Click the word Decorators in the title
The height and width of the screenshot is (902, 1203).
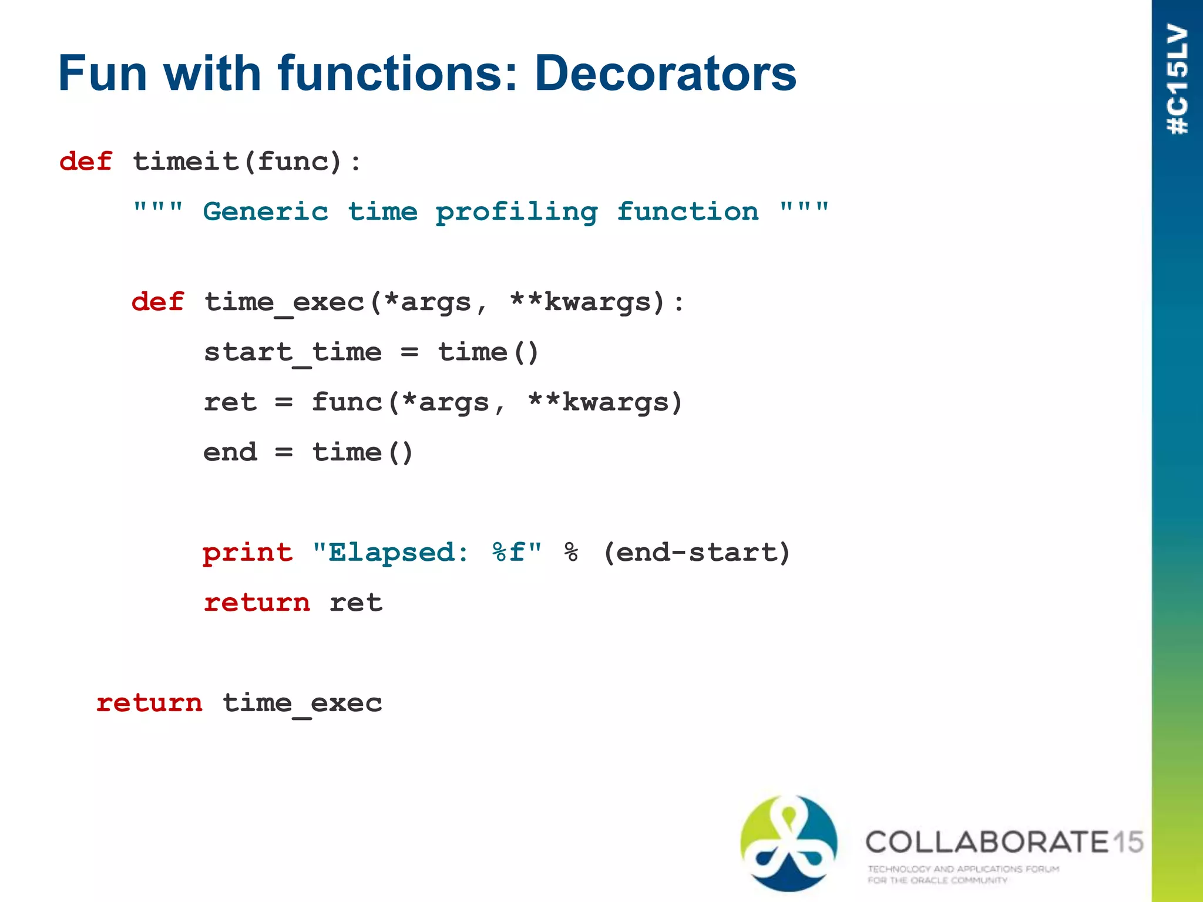tap(665, 73)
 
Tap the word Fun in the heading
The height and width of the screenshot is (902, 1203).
tap(102, 73)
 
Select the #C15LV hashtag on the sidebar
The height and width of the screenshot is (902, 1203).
tap(1178, 79)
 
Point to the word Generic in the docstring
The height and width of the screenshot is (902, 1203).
tap(266, 211)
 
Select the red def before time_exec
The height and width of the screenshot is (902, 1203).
tap(157, 302)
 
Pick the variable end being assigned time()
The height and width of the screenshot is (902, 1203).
tap(230, 453)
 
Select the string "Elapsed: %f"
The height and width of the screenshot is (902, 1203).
tap(427, 553)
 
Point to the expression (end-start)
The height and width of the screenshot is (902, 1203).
tap(697, 553)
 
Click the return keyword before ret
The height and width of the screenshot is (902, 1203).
tap(257, 603)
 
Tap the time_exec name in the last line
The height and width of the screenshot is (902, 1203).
tap(302, 704)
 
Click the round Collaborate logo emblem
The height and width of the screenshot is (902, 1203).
tap(789, 843)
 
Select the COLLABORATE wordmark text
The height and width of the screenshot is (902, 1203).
tap(987, 842)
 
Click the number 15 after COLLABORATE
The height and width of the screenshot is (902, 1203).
tap(1128, 842)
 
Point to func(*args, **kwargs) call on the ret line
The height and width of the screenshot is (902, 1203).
tap(496, 403)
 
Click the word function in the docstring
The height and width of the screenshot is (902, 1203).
tap(687, 211)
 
